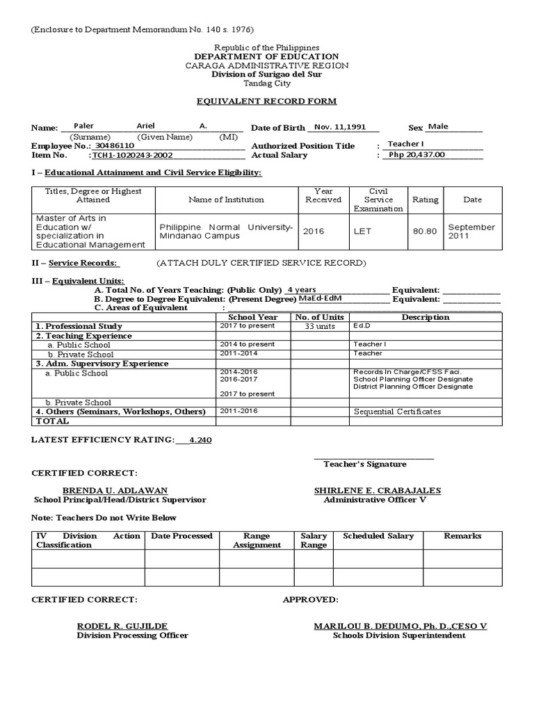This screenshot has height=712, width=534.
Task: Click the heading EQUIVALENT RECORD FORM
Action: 267,102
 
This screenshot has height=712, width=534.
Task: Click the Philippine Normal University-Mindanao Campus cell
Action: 227,232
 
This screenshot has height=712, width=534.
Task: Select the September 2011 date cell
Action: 471,232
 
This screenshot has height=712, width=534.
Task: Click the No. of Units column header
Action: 319,317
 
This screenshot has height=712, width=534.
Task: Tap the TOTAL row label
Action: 53,421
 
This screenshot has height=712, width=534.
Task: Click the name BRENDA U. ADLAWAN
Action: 115,490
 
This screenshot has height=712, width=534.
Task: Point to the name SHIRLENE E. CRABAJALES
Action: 377,490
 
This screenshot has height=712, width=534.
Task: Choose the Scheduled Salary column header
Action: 378,536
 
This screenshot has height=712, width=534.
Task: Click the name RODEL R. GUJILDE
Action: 122,626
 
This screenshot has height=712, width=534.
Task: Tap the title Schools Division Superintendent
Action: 399,636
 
